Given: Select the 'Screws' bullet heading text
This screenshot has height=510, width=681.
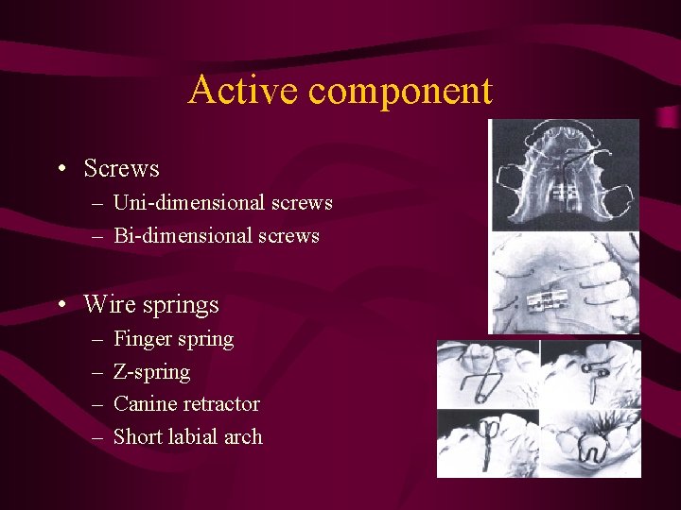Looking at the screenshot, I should (x=121, y=169).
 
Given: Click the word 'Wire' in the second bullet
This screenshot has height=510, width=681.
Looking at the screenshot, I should (x=108, y=304).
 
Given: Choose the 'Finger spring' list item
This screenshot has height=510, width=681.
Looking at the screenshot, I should (x=173, y=339).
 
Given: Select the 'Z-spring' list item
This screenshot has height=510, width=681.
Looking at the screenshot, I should (x=151, y=372).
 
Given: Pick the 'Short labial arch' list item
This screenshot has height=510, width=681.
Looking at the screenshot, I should (x=187, y=436).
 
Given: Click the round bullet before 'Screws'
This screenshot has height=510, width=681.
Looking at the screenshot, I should (x=61, y=170).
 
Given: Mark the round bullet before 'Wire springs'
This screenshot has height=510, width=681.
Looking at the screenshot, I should (x=61, y=305).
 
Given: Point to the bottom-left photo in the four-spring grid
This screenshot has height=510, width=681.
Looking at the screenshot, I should (x=487, y=442).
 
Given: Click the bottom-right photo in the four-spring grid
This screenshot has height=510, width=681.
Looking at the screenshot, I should (x=590, y=442).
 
